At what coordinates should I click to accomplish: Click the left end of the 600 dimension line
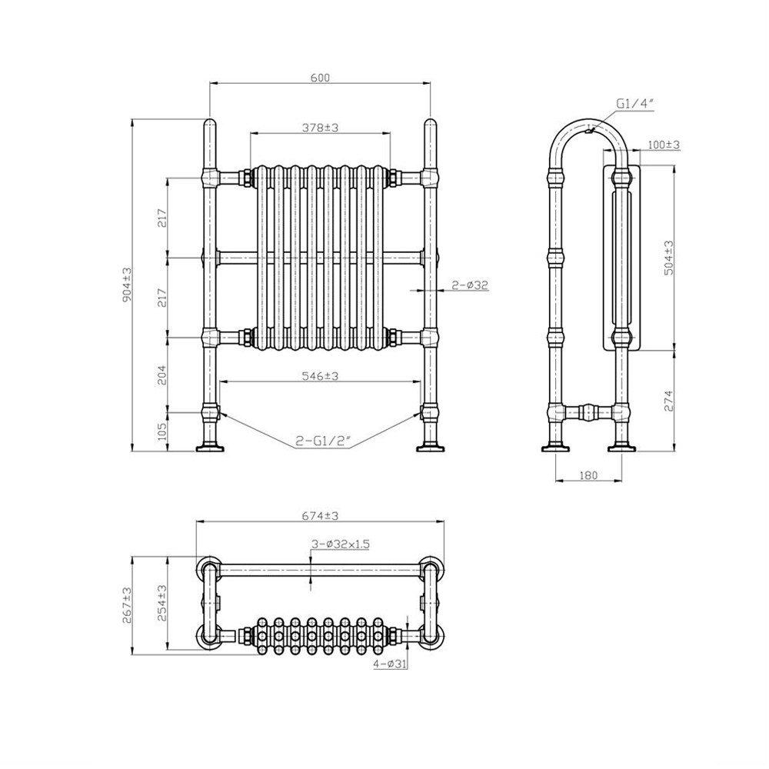click(210, 83)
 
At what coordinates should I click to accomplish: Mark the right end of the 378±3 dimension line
click(391, 133)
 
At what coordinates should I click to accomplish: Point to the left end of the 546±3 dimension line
click(219, 381)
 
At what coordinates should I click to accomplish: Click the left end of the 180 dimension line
click(555, 481)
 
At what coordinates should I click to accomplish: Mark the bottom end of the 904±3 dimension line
click(132, 451)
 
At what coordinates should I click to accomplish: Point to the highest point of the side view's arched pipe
click(588, 118)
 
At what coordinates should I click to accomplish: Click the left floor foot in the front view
click(211, 448)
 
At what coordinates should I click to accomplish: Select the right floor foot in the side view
click(622, 448)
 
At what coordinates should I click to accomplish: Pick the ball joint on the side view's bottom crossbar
click(588, 412)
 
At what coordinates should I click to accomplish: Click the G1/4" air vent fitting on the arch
click(590, 130)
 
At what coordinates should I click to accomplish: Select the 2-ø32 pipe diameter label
click(471, 285)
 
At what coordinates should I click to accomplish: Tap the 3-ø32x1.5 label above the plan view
click(341, 544)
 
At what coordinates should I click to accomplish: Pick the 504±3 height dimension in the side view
click(668, 258)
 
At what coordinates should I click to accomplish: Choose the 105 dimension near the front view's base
click(163, 431)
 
